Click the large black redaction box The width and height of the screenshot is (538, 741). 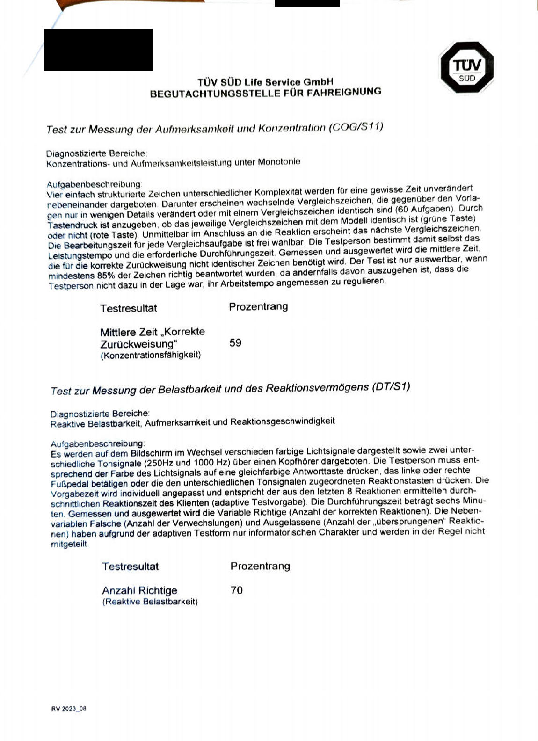pyautogui.click(x=98, y=50)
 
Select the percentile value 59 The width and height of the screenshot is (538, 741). pyautogui.click(x=235, y=343)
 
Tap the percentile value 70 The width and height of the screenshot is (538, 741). pyautogui.click(x=237, y=590)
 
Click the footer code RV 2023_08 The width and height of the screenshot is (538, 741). pyautogui.click(x=69, y=709)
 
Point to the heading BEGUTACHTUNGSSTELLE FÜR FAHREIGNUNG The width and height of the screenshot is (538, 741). pyautogui.click(x=265, y=93)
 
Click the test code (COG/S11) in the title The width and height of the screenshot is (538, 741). pyautogui.click(x=356, y=127)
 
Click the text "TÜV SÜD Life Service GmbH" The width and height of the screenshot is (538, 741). pyautogui.click(x=265, y=82)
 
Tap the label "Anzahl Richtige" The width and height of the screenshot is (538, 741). pyautogui.click(x=139, y=590)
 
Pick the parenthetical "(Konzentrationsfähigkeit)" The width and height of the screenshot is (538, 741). pyautogui.click(x=151, y=355)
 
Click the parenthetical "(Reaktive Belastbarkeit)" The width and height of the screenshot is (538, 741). pyautogui.click(x=150, y=602)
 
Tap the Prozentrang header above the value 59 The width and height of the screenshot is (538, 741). pyautogui.click(x=258, y=307)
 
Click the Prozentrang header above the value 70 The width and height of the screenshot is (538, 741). pyautogui.click(x=260, y=566)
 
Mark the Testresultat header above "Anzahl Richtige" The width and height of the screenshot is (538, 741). pyautogui.click(x=131, y=567)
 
